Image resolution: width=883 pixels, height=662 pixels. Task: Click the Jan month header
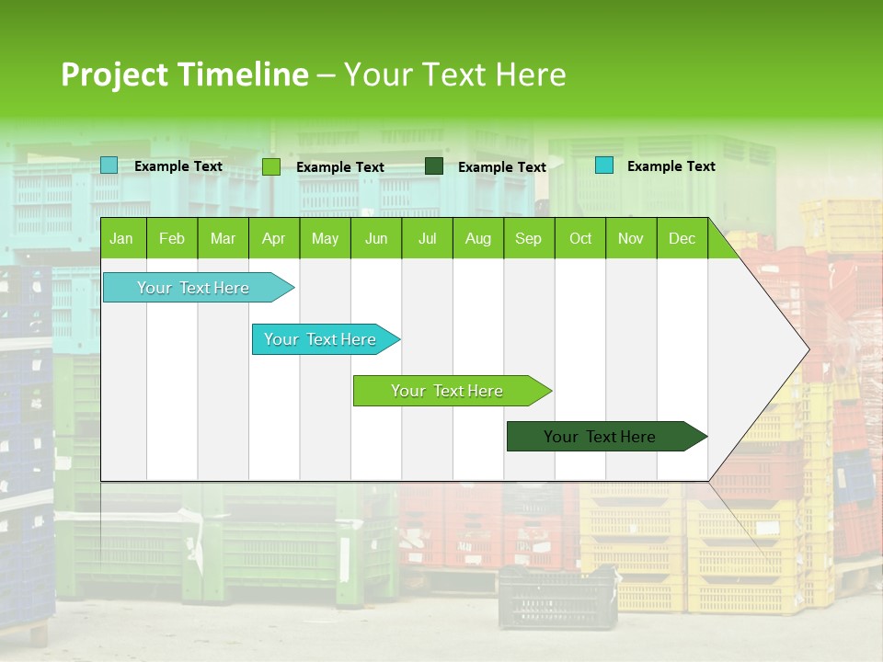point(121,238)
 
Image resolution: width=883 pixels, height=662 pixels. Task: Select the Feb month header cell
point(172,238)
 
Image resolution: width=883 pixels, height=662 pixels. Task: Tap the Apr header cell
point(273,238)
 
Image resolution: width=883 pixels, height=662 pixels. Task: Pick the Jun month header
point(376,238)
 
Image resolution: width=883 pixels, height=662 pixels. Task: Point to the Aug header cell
point(477,238)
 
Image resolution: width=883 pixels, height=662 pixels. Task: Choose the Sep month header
point(528,238)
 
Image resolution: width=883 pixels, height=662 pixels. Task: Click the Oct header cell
point(580,238)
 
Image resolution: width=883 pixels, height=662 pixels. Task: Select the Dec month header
point(682,238)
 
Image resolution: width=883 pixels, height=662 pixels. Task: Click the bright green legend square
point(271,166)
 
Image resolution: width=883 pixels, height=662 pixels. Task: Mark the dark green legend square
point(434,166)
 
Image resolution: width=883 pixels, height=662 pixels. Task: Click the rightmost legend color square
point(604,165)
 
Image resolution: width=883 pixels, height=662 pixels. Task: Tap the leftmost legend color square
point(109,165)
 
